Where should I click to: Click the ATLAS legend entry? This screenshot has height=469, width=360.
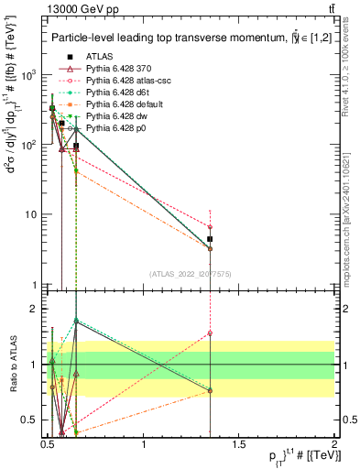click(99, 57)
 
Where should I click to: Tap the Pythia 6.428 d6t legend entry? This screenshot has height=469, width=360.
click(115, 93)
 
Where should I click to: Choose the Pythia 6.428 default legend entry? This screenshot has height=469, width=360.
click(120, 104)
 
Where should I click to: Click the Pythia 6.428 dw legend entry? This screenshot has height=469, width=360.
click(114, 116)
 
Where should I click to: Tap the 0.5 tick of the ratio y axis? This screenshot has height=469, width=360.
click(30, 420)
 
